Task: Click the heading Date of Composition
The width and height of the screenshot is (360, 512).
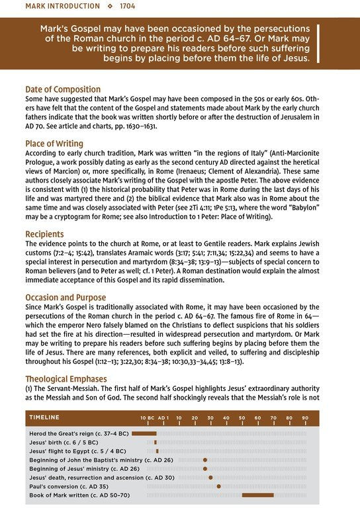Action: (x=63, y=89)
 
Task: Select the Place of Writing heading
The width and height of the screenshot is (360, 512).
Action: (x=54, y=144)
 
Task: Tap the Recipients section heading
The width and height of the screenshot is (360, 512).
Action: (x=45, y=234)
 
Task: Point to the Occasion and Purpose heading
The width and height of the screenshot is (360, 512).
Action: (x=66, y=298)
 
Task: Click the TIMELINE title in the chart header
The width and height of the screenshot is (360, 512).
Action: (x=44, y=417)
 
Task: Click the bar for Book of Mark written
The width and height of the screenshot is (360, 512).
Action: (x=257, y=495)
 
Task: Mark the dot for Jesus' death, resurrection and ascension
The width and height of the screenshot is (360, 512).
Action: (x=210, y=477)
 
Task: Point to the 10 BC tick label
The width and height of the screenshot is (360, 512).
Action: (x=147, y=418)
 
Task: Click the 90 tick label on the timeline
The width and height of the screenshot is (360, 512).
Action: (x=305, y=418)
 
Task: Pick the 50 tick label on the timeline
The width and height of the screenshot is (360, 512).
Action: (x=242, y=418)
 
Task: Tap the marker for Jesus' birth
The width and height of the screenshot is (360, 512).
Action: (x=155, y=441)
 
